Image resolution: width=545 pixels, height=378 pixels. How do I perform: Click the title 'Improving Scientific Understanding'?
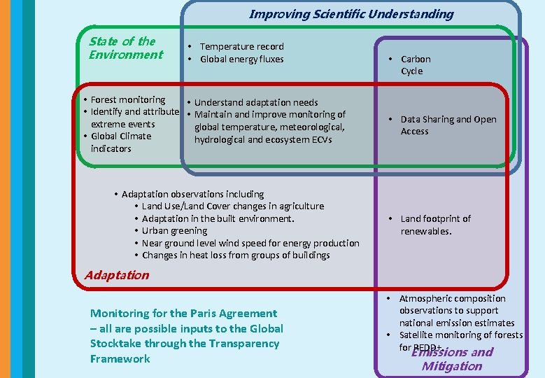[351, 14]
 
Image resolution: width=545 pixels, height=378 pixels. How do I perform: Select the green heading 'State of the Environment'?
[125, 48]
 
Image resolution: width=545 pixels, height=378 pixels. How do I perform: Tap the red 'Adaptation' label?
[116, 275]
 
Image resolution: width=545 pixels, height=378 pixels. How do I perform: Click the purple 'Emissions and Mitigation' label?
[452, 358]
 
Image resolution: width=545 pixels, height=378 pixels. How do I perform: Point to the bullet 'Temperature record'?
[241, 47]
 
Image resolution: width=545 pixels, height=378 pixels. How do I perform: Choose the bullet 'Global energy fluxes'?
[241, 59]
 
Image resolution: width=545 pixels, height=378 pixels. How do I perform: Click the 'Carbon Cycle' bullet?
[415, 65]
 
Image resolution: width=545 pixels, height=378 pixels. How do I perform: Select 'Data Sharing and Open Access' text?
[448, 125]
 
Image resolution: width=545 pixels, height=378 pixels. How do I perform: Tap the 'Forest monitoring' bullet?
[127, 100]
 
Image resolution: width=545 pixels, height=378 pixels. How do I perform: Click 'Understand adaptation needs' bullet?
[255, 103]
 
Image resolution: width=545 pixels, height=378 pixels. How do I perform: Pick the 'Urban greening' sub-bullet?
[174, 231]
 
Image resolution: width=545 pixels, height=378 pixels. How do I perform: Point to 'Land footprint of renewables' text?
[435, 225]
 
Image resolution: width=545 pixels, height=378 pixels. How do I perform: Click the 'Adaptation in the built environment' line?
[218, 218]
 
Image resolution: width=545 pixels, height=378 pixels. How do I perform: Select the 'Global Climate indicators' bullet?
[120, 142]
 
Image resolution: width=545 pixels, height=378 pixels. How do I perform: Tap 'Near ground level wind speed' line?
[250, 244]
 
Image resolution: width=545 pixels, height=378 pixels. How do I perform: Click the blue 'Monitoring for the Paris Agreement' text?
[183, 314]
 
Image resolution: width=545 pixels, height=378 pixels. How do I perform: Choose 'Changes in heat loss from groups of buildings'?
[235, 255]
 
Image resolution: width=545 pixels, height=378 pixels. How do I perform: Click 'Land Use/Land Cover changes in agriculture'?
[232, 206]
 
